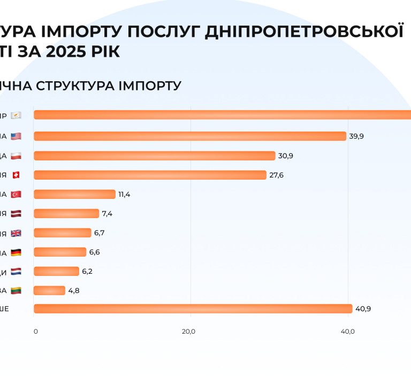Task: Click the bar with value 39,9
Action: point(190,136)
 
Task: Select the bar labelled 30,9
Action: point(155,156)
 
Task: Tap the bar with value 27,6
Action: point(150,175)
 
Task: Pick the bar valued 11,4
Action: point(74,194)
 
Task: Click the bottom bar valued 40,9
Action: point(193,309)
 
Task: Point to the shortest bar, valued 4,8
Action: point(49,290)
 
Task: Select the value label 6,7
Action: point(100,233)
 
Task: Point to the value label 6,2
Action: point(87,272)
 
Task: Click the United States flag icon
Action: point(16,136)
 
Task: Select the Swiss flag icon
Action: point(16,175)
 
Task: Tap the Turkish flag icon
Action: point(16,194)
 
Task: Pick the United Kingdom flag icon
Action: point(16,233)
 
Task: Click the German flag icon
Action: point(16,252)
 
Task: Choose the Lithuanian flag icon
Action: point(16,290)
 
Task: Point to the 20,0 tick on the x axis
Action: point(188,332)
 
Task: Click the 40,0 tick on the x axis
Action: point(348,332)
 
